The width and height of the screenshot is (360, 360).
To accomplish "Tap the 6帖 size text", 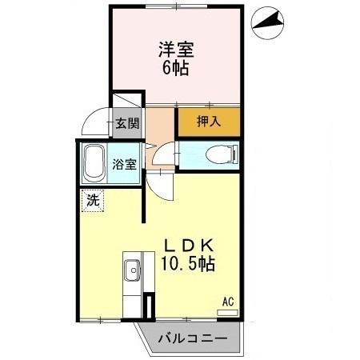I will click(174, 69).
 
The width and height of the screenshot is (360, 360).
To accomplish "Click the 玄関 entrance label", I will click(126, 124).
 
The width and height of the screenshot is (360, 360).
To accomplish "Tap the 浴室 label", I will click(126, 164).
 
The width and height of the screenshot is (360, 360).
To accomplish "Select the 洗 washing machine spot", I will click(93, 201).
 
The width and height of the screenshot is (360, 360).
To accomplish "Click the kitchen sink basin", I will click(131, 270).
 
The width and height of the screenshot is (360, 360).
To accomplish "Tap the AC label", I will click(228, 302).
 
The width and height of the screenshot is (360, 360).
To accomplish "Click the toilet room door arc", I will click(166, 151).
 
